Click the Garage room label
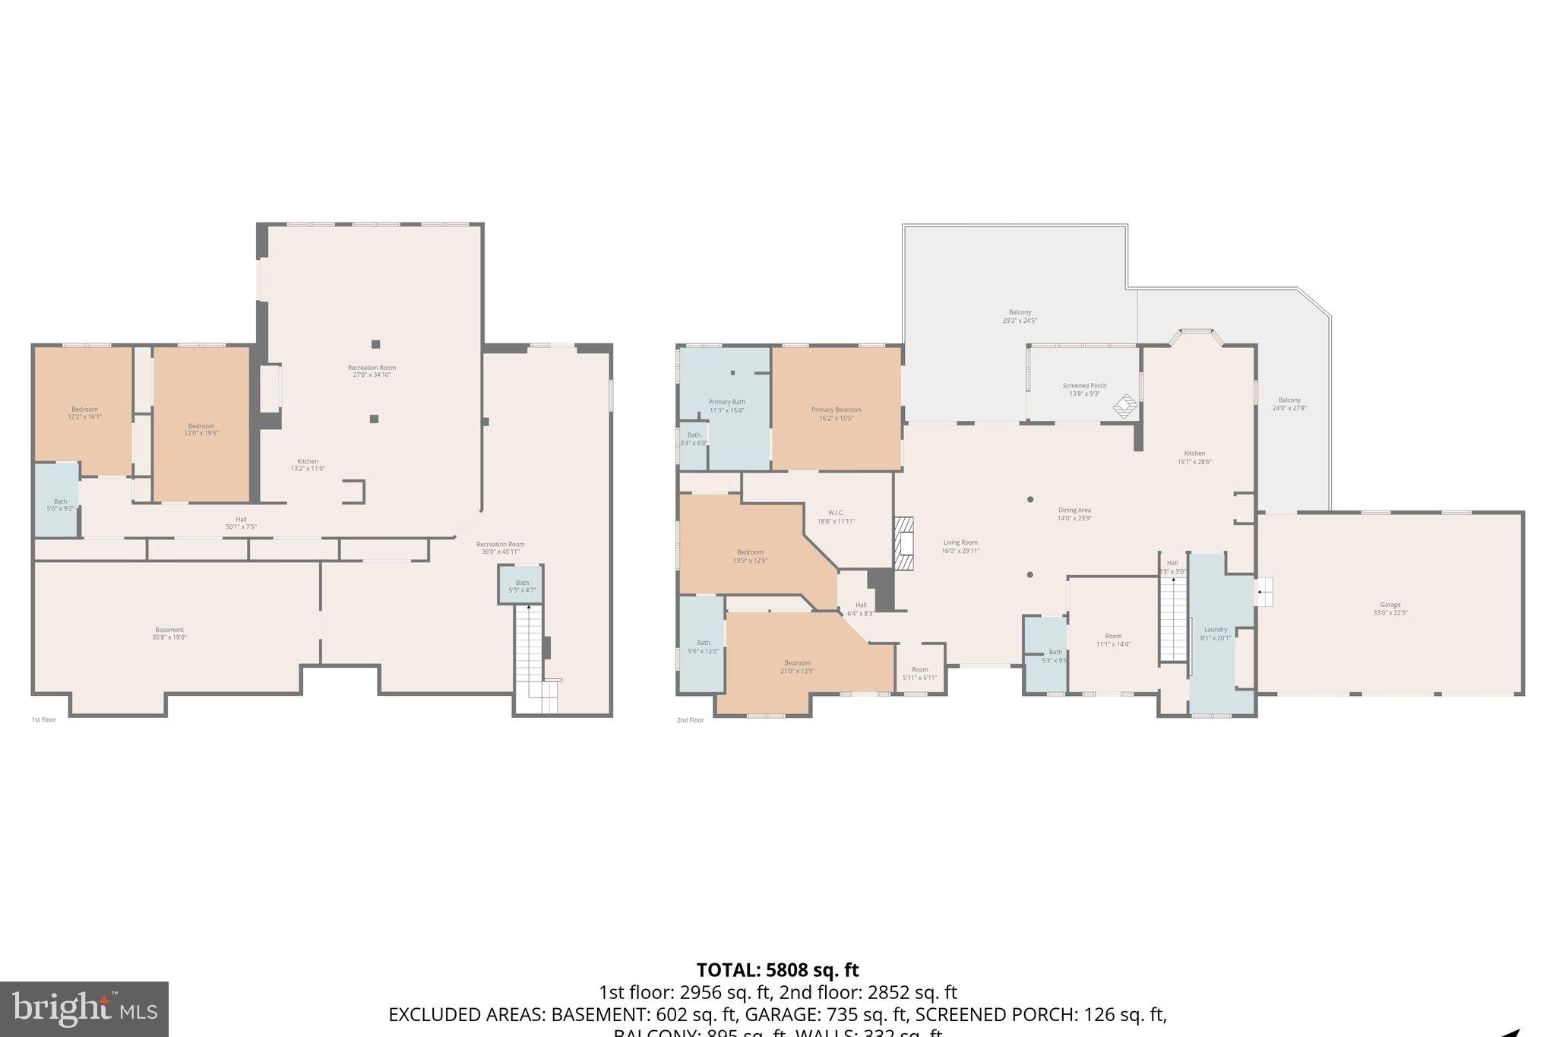click(1390, 609)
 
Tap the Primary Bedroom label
click(836, 413)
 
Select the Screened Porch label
click(1084, 389)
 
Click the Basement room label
click(169, 633)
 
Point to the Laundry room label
click(1215, 633)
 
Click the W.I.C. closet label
click(836, 517)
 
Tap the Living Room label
click(960, 546)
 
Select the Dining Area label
click(1074, 514)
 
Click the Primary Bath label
click(726, 406)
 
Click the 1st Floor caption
click(43, 719)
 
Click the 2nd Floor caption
click(690, 719)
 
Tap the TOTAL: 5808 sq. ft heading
click(777, 970)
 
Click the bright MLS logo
click(84, 1009)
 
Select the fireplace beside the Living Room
click(903, 543)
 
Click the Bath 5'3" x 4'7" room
click(522, 585)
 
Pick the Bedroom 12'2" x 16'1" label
click(84, 413)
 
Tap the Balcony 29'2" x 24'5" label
click(1020, 316)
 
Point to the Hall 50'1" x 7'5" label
click(241, 523)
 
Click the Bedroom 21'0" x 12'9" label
click(797, 666)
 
